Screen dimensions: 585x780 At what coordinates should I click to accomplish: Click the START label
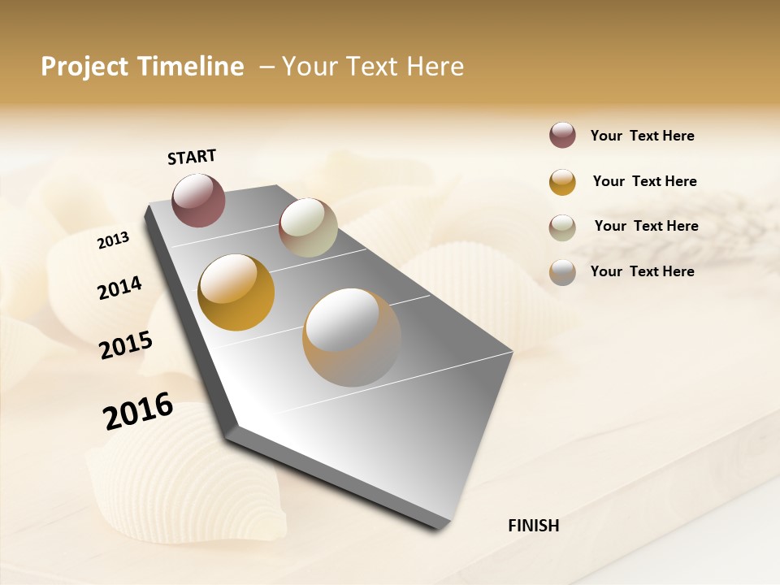(x=192, y=157)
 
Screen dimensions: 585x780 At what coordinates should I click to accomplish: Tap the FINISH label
(x=533, y=526)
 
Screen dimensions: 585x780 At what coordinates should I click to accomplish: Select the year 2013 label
(x=113, y=240)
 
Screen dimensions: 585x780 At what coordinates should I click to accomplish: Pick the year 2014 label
(x=119, y=288)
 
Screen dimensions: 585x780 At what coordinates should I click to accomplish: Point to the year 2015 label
(x=126, y=344)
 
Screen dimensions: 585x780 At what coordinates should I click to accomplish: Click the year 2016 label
(x=138, y=411)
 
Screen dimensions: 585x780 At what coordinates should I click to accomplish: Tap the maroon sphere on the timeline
(x=198, y=200)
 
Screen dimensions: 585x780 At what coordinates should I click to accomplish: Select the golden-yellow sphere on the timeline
(x=236, y=292)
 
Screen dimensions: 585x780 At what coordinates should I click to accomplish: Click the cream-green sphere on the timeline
(x=308, y=227)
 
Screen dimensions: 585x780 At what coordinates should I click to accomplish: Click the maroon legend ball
(x=562, y=136)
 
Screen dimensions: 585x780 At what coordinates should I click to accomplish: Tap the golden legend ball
(x=562, y=182)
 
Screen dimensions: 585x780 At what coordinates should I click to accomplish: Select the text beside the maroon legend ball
(x=642, y=136)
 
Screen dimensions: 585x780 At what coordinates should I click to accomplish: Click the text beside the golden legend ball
(x=644, y=181)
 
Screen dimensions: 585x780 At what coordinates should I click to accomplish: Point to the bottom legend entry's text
(x=642, y=271)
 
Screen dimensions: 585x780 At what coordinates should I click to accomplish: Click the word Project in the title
(x=84, y=67)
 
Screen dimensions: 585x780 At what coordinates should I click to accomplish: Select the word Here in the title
(x=435, y=67)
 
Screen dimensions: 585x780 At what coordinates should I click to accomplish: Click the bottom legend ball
(x=562, y=272)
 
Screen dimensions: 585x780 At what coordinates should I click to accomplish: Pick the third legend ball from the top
(x=562, y=227)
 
